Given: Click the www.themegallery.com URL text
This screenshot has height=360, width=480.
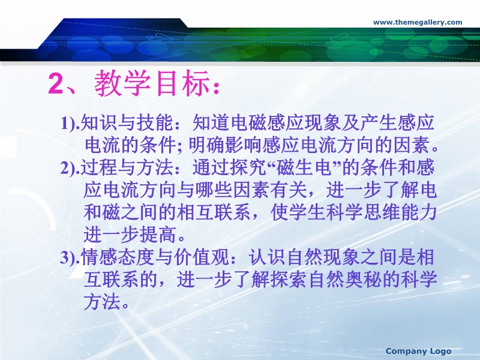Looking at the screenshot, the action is (x=418, y=22).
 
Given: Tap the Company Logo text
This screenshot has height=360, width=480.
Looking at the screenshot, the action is (x=418, y=351).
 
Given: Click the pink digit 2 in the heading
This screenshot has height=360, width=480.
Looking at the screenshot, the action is (x=56, y=83).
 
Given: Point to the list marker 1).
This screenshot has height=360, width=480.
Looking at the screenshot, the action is (x=70, y=124).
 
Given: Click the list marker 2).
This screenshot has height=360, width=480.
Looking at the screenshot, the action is (x=70, y=169).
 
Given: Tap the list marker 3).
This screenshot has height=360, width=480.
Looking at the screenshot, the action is (x=70, y=258).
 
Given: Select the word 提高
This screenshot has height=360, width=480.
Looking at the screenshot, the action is (x=158, y=235).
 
